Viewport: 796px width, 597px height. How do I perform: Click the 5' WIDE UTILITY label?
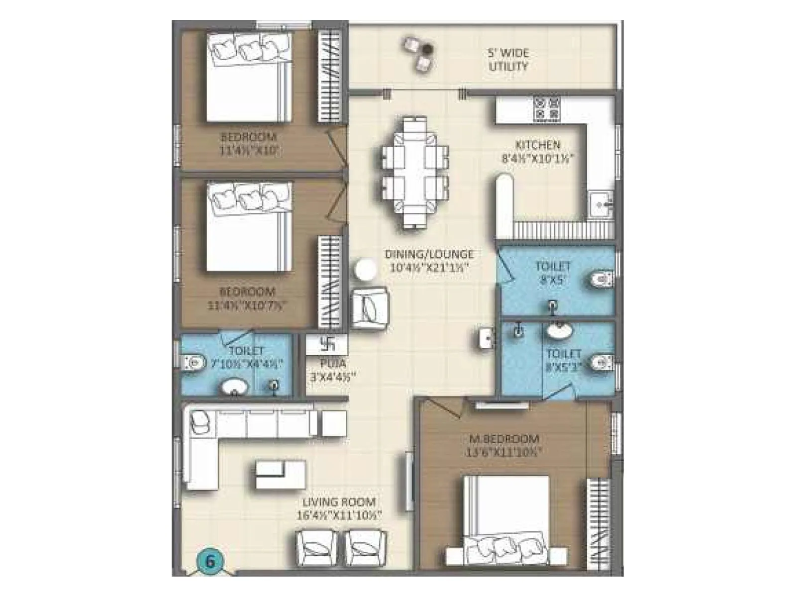[x=508, y=60]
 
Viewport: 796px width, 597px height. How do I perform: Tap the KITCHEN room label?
[x=537, y=145]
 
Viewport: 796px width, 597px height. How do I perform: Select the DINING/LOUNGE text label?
[x=429, y=254]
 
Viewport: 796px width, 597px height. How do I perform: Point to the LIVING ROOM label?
[x=339, y=502]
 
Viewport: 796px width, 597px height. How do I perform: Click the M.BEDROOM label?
[x=504, y=439]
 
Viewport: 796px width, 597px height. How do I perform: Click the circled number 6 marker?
[x=210, y=561]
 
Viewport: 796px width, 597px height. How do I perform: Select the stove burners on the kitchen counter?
[x=546, y=109]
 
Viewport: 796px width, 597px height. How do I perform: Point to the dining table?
[x=415, y=172]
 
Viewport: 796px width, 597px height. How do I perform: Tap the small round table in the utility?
[x=426, y=49]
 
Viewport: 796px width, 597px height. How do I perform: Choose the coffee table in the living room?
[x=281, y=474]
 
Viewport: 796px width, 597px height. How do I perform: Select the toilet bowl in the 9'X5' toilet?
[x=602, y=280]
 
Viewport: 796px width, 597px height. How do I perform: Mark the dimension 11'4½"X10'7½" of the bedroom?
[x=247, y=305]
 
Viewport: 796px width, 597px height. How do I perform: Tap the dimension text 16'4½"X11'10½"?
[x=339, y=515]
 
